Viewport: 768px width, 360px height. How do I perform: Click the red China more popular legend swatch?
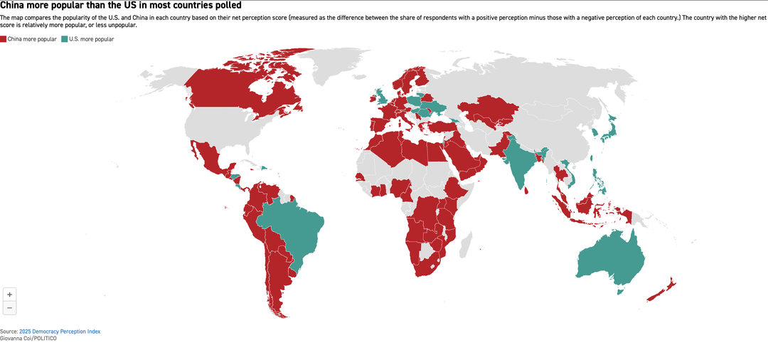coord(4,39)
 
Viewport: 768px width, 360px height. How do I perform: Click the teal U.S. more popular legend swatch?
coord(65,39)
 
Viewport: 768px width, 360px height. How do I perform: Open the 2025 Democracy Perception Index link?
coord(60,332)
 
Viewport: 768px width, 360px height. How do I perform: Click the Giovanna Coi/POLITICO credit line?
coord(28,338)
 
